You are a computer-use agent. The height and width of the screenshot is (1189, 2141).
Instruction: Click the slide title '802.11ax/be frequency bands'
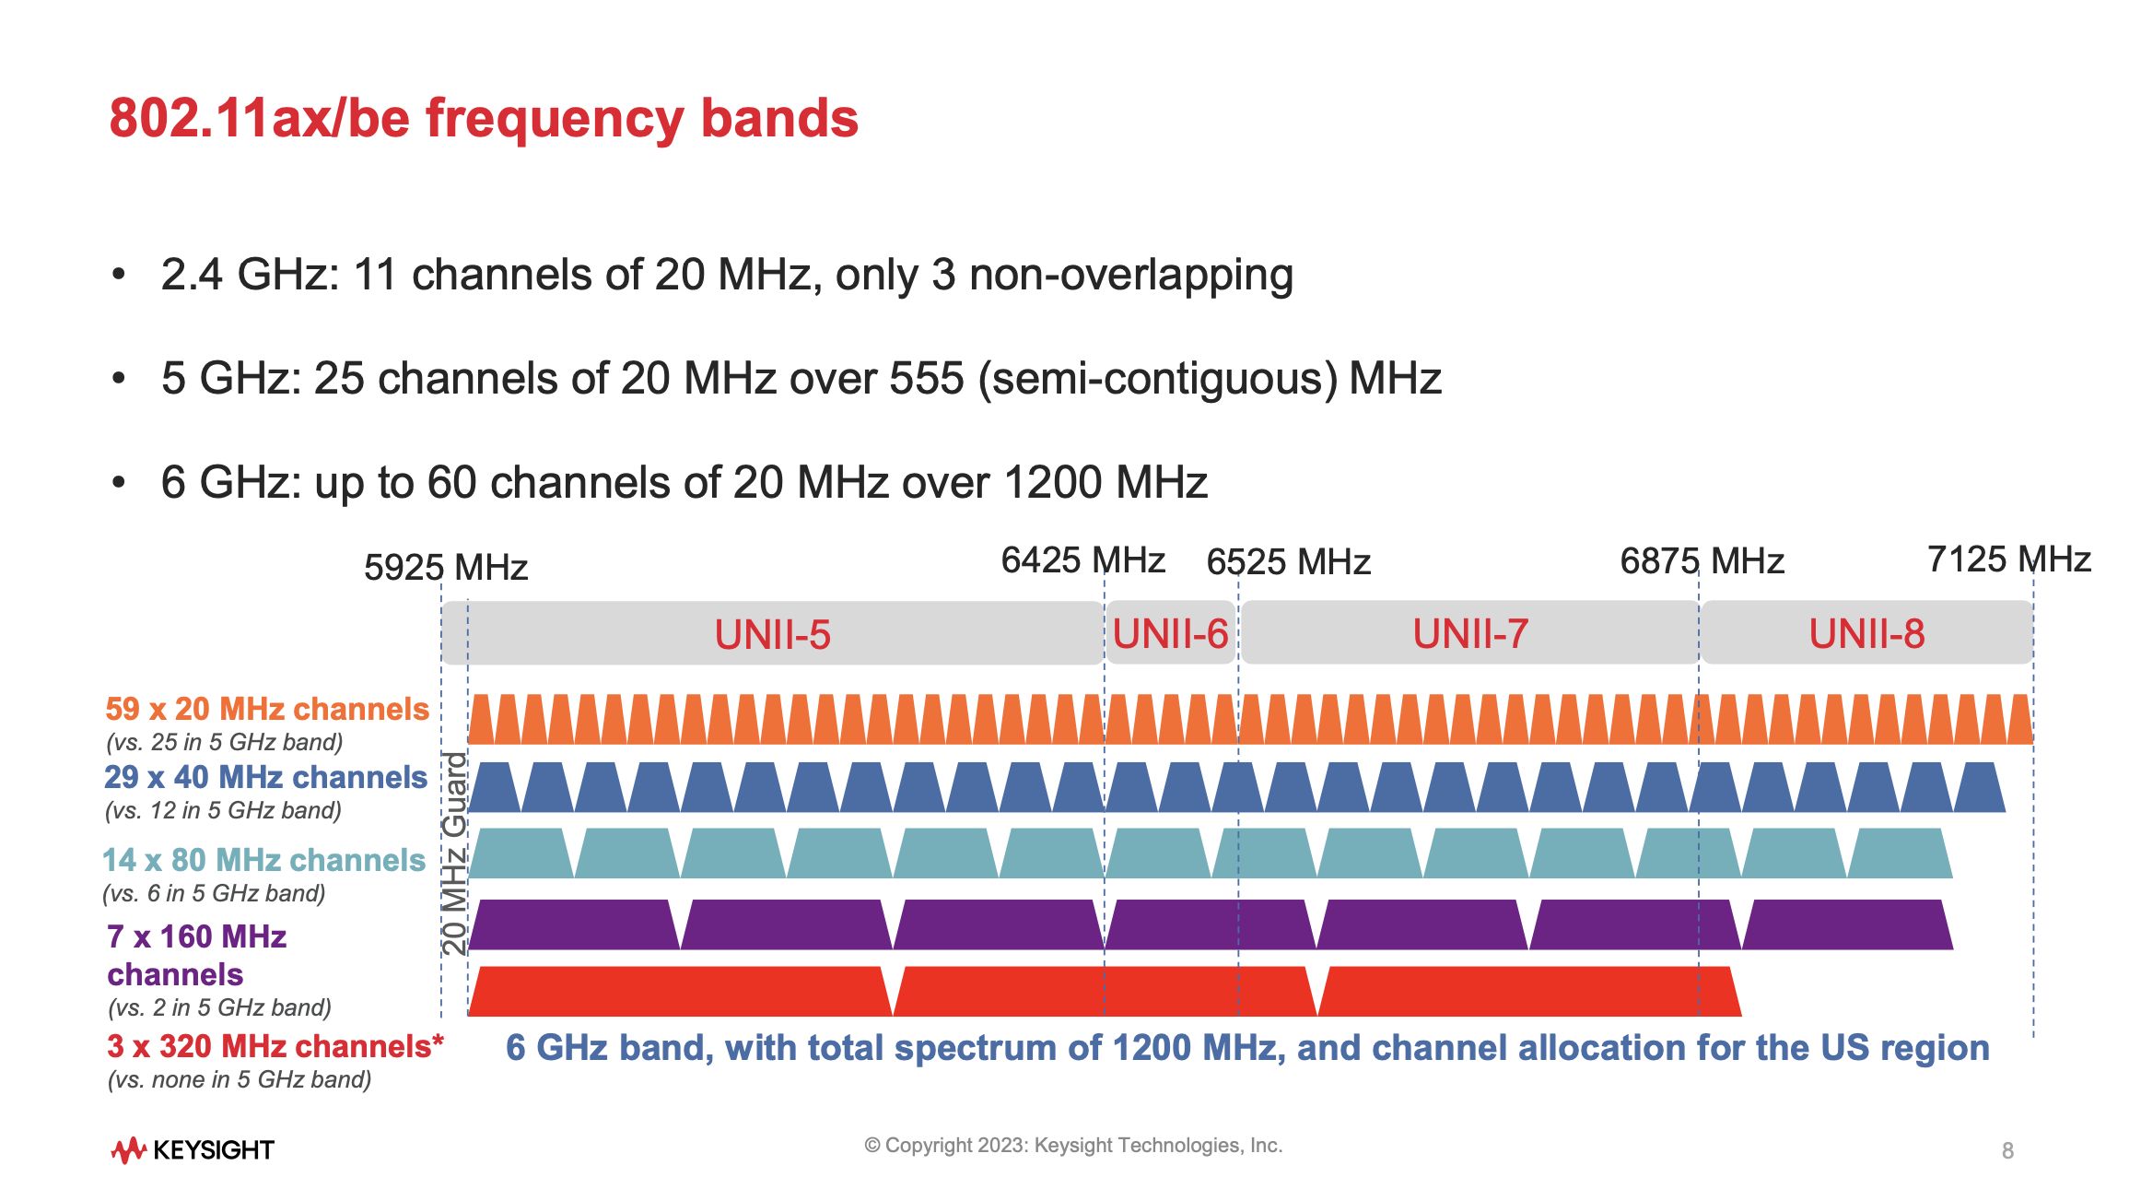pyautogui.click(x=484, y=119)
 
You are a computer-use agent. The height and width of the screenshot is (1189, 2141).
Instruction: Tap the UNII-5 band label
pyautogui.click(x=772, y=634)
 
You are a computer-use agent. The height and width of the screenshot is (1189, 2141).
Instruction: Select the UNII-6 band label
pyautogui.click(x=1170, y=633)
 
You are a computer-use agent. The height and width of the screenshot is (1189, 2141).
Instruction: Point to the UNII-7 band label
pyautogui.click(x=1470, y=633)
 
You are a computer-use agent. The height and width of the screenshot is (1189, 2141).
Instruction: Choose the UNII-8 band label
pyautogui.click(x=1866, y=633)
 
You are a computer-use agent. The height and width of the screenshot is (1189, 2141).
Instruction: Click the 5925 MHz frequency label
pyautogui.click(x=446, y=567)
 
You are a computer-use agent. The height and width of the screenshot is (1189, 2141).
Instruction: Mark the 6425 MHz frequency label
pyautogui.click(x=1082, y=560)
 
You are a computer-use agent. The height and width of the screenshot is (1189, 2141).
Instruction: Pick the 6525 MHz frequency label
pyautogui.click(x=1288, y=561)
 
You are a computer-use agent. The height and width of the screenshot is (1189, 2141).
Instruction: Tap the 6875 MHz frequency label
pyautogui.click(x=1702, y=560)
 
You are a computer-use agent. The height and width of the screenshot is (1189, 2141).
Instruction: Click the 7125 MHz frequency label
pyautogui.click(x=2008, y=559)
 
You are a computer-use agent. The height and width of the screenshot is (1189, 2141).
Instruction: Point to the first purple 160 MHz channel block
pyautogui.click(x=574, y=924)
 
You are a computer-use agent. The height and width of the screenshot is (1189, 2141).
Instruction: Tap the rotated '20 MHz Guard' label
pyautogui.click(x=455, y=853)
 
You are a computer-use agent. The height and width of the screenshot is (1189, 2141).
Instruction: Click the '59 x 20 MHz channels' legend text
pyautogui.click(x=267, y=709)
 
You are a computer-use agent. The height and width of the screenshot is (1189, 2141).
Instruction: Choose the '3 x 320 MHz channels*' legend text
pyautogui.click(x=275, y=1046)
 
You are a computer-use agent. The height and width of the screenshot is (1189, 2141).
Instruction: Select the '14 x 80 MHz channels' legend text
pyautogui.click(x=263, y=860)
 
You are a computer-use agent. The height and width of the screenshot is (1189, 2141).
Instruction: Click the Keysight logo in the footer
pyautogui.click(x=193, y=1149)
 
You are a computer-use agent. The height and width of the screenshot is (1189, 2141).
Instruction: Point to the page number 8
pyautogui.click(x=2007, y=1150)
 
